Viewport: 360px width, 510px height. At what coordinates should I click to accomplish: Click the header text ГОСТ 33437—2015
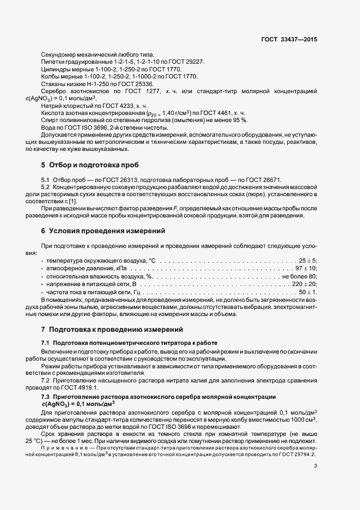290,39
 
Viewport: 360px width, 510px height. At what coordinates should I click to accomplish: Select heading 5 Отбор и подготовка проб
86,164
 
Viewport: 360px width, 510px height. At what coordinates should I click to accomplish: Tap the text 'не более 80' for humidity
300,276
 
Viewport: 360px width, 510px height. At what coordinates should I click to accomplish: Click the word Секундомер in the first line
59,54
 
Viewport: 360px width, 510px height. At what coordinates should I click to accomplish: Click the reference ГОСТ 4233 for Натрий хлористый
118,105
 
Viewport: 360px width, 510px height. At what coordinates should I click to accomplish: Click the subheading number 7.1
46,343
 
